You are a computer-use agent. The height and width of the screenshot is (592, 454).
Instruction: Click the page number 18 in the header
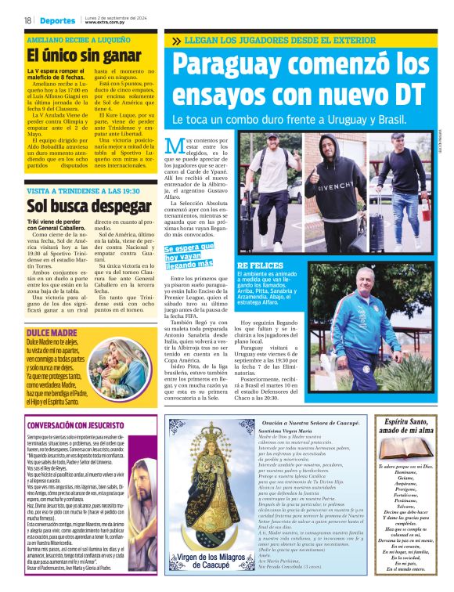click(27, 20)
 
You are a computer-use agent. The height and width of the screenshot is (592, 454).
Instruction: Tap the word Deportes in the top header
click(59, 20)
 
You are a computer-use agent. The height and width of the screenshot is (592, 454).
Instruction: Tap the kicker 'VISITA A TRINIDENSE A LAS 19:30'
click(83, 190)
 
